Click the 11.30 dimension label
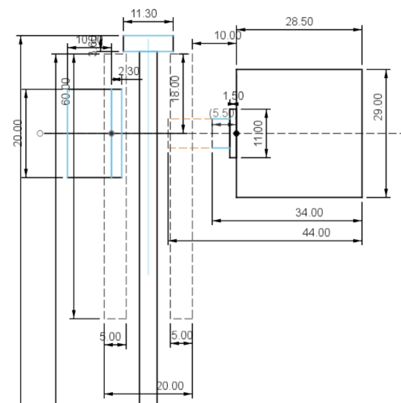coord(144,14)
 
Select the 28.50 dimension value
coord(299,22)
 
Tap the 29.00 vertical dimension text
coord(378,107)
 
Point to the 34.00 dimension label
coord(309,213)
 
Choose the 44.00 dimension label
coord(316,233)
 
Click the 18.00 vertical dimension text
coord(175,88)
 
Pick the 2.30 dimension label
coord(129,71)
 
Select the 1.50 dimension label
coord(233,96)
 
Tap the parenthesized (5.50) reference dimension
coord(222,113)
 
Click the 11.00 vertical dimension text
coord(258,133)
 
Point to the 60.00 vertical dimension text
coord(66,91)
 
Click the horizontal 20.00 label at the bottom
coord(170,386)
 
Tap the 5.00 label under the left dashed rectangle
coord(110,337)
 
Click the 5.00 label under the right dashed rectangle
coord(182,336)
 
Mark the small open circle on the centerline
coord(40,133)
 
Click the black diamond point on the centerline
coord(236,134)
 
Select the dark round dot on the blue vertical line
coord(112,133)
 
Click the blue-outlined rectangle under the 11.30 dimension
coord(148,43)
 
